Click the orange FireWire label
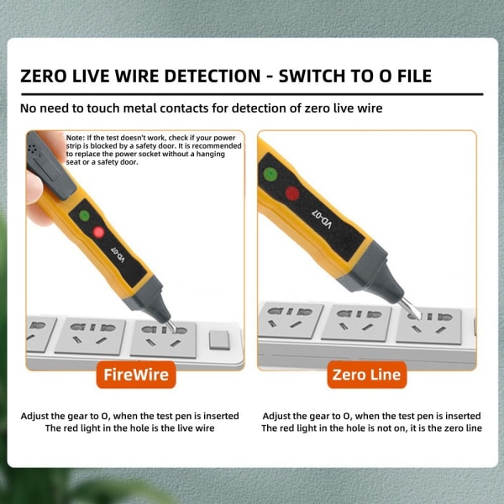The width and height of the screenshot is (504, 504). click(136, 375)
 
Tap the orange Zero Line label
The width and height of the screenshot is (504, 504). click(367, 375)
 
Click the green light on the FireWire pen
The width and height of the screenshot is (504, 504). click(85, 215)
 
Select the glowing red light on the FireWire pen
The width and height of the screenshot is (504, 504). click(98, 232)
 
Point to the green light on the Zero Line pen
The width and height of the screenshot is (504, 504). click(270, 174)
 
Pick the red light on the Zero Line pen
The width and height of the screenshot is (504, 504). click(292, 193)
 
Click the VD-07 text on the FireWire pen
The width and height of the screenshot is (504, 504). click(118, 255)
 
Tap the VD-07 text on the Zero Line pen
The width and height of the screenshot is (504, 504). click(322, 219)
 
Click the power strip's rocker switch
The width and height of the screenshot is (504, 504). click(219, 340)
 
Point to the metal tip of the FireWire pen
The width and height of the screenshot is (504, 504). click(171, 326)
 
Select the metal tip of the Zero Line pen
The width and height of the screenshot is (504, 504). click(411, 308)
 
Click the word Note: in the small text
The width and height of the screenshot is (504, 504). click(76, 138)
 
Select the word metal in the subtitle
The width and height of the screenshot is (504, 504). click(139, 108)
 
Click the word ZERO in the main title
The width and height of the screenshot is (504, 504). click(44, 76)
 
